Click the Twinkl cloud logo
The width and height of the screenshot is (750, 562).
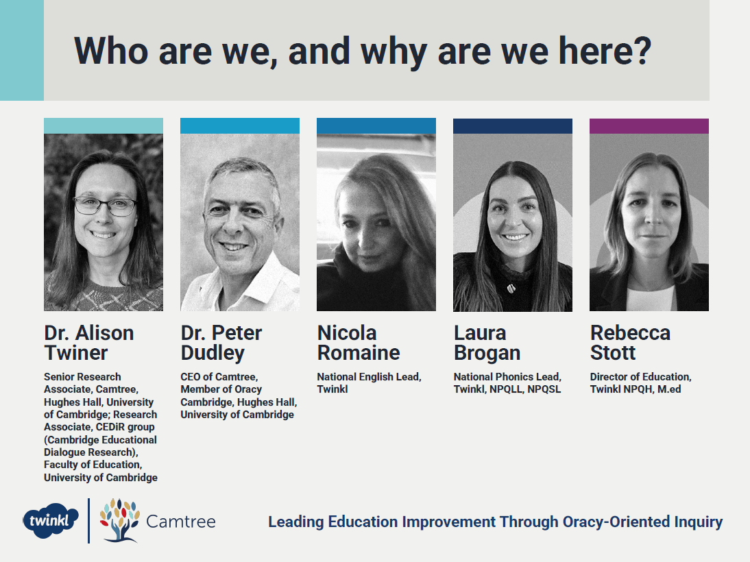51,520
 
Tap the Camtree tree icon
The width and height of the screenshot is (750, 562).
119,520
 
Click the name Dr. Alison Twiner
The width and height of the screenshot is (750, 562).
89,343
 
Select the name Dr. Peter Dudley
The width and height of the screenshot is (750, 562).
221,343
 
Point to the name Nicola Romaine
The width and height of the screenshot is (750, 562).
359,343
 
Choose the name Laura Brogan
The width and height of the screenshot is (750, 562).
487,343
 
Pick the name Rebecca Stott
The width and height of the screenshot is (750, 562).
630,343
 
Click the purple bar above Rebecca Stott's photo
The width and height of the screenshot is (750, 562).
649,126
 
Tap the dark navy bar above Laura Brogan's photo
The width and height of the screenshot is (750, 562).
513,126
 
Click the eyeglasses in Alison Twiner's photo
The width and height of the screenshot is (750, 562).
105,206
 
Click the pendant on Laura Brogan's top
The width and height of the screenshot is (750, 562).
511,288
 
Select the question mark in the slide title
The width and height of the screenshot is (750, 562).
642,50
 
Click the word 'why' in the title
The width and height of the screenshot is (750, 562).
394,51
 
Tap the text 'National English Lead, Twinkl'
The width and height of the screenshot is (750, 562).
370,383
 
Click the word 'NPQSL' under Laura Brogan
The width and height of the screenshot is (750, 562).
544,389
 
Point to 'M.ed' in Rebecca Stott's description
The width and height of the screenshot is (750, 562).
669,389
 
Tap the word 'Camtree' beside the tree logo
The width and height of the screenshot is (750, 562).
181,522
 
